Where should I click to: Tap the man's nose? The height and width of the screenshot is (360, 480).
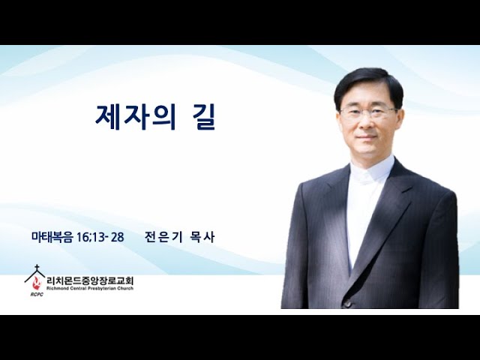coord(367,124)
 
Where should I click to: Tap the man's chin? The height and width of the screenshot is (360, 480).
coord(368,153)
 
